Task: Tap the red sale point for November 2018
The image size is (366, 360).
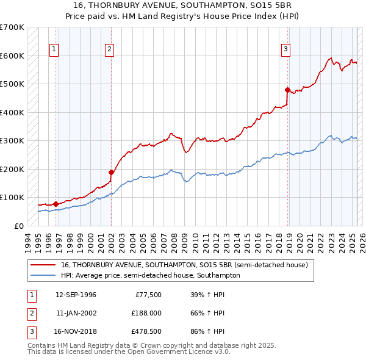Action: pyautogui.click(x=287, y=90)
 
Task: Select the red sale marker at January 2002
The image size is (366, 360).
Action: pyautogui.click(x=112, y=172)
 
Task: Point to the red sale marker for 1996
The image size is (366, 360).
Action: pyautogui.click(x=56, y=204)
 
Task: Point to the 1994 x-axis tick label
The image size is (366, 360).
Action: pyautogui.click(x=27, y=241)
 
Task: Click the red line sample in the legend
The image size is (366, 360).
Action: pyautogui.click(x=43, y=265)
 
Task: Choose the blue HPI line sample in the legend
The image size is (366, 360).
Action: pyautogui.click(x=43, y=275)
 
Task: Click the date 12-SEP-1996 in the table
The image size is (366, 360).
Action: pyautogui.click(x=76, y=295)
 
